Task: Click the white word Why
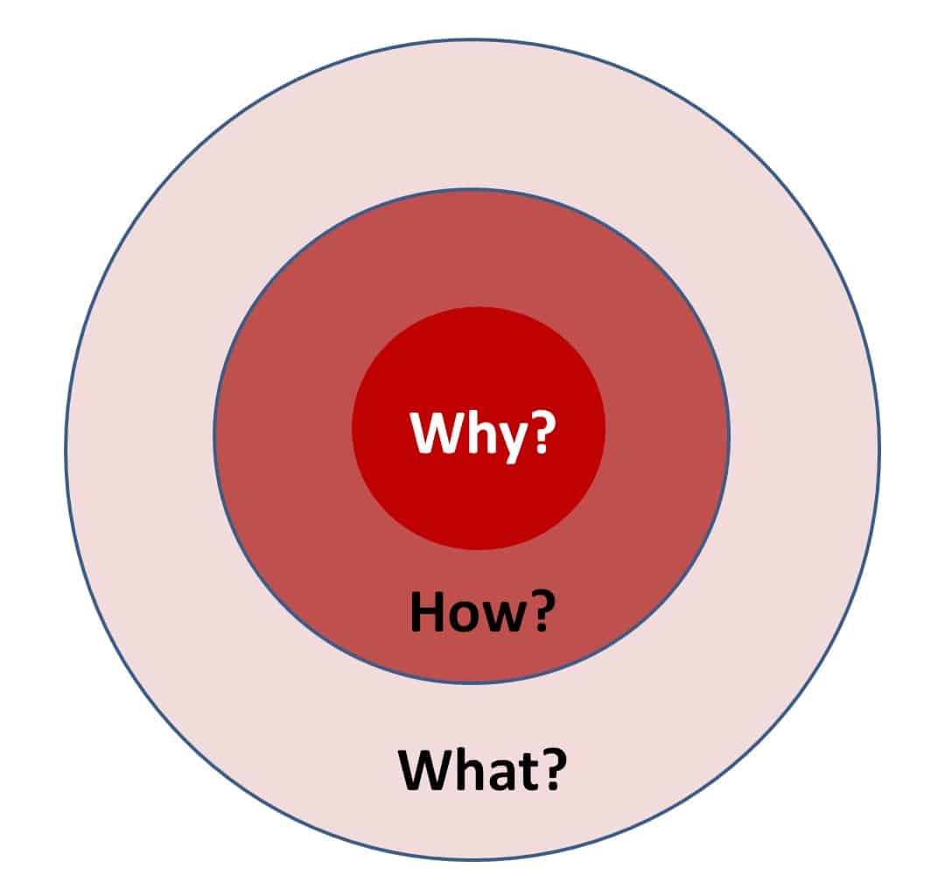click(468, 434)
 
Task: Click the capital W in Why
click(437, 432)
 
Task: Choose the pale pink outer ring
click(138, 449)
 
